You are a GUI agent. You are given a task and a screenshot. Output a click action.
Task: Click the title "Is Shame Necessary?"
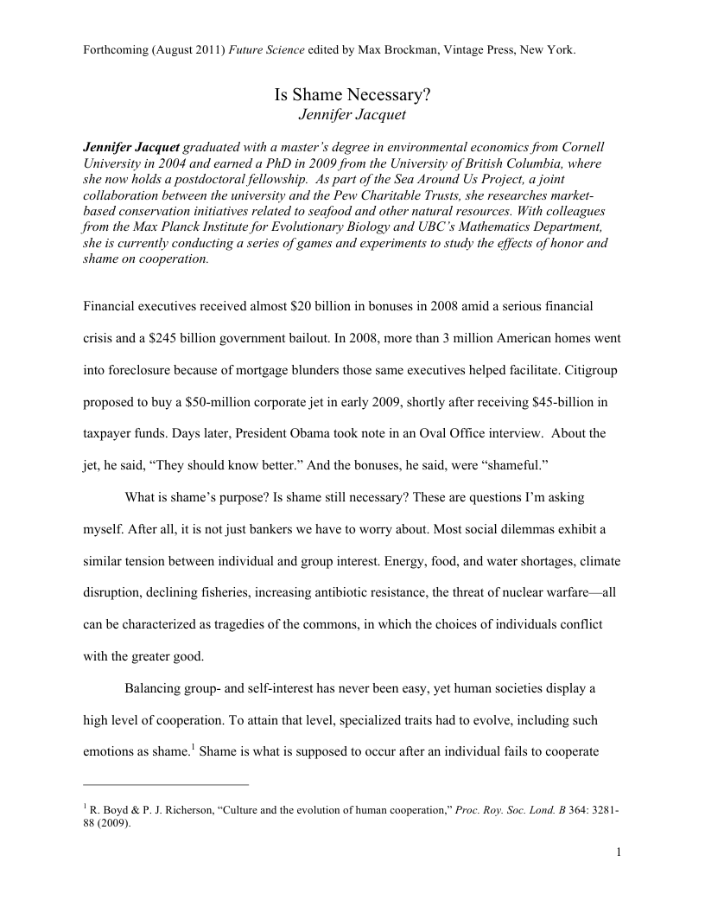coord(352,97)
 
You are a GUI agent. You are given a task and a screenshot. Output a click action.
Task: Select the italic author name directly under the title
coord(352,115)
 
